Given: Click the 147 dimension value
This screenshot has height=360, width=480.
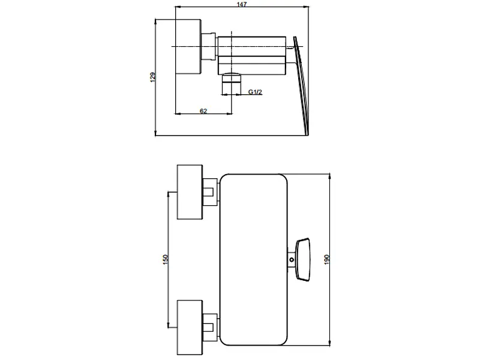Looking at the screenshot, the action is tap(242, 4).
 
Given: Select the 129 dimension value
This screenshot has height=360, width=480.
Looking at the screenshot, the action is tap(153, 77).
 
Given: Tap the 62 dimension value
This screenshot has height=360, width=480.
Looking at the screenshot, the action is tap(203, 111).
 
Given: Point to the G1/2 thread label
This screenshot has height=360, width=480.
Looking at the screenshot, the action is tap(255, 92).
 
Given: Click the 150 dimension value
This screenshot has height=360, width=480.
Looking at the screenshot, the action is tap(166, 260).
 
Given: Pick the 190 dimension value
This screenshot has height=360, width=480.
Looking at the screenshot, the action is tap(326, 260).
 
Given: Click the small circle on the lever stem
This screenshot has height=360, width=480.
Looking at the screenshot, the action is tap(292, 260).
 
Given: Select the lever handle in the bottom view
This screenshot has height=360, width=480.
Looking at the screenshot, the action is tap(303, 260).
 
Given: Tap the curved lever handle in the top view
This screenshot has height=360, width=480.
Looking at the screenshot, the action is tap(301, 85).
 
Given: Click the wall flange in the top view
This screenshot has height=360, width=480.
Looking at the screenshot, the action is tap(188, 47).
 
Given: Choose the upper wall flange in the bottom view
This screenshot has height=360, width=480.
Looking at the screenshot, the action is tap(190, 192).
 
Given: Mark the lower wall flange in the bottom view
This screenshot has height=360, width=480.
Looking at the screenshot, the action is tap(190, 328).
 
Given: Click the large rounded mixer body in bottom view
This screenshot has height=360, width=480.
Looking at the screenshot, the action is tap(254, 260).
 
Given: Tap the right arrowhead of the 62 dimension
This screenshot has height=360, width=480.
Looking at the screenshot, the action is tap(229, 113).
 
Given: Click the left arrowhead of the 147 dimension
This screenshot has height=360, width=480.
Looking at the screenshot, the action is tap(178, 7).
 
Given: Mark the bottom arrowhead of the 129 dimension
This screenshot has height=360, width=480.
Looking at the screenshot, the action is tap(155, 132).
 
